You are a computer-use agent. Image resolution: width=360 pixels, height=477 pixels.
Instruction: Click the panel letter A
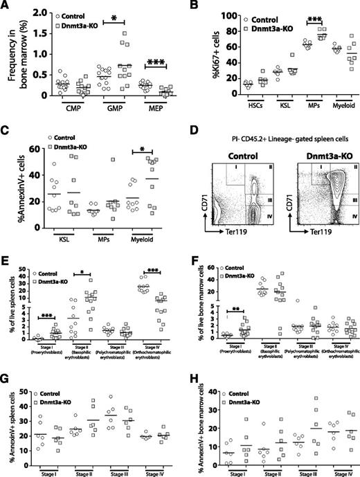[x=6, y=6]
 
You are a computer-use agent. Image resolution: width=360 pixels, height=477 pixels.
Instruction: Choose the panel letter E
[x=6, y=242]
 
